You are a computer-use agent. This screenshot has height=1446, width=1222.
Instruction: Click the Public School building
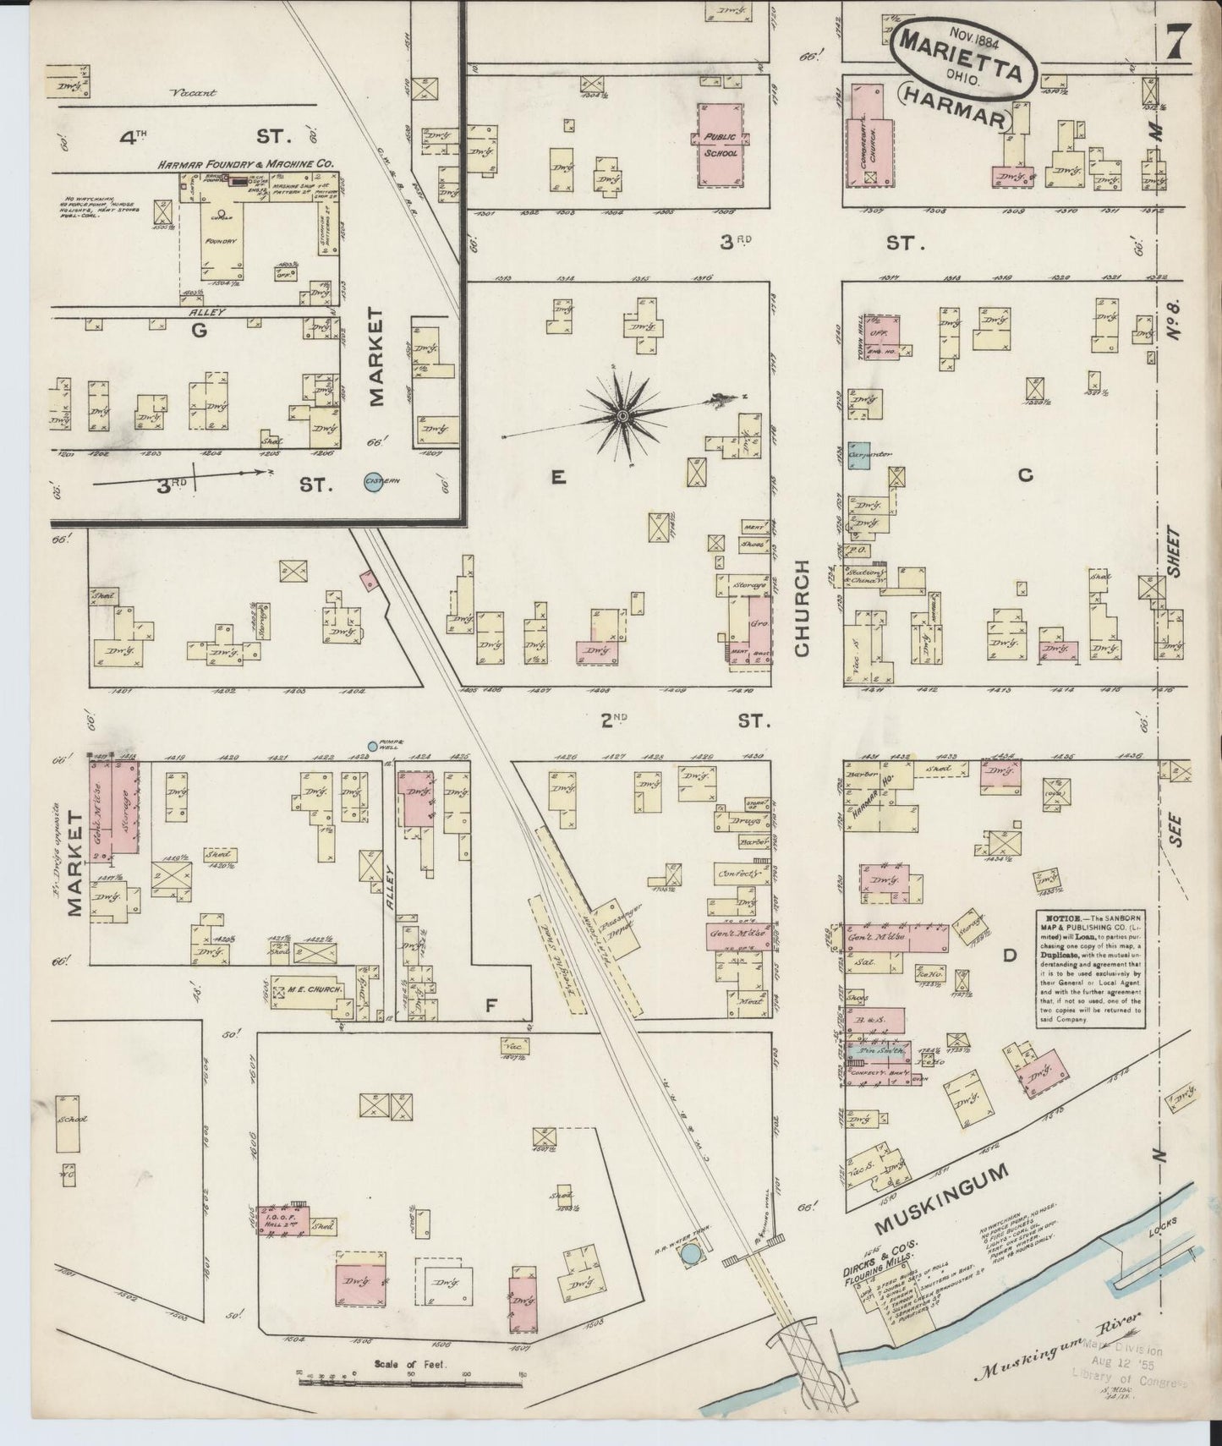point(720,145)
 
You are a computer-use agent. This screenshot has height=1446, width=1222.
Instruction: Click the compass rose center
point(622,415)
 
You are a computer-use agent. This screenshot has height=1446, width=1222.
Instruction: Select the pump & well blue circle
point(372,747)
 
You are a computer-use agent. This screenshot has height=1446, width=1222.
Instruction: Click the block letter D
point(1009,956)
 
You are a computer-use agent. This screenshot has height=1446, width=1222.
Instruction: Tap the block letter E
point(557,479)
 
